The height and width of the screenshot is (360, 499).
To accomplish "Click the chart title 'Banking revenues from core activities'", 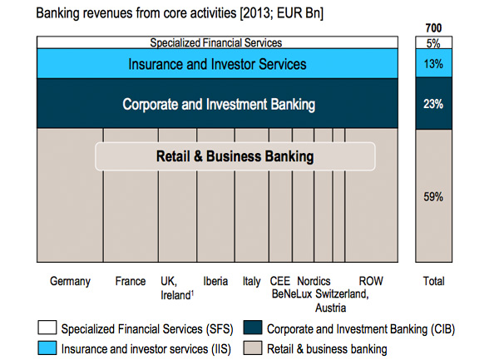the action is click(136, 13).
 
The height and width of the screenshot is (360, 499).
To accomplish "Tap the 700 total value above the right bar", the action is click(433, 28).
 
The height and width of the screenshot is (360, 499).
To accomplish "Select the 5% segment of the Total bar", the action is click(433, 42).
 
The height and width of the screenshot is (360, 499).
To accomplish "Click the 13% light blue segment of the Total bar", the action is click(433, 63).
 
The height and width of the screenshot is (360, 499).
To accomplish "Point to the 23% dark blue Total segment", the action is click(433, 103).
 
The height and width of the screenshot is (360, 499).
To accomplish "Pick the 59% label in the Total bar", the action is click(433, 197).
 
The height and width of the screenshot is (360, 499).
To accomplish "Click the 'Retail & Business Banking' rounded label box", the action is click(235, 156).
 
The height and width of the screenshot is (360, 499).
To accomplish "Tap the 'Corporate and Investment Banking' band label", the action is click(219, 104).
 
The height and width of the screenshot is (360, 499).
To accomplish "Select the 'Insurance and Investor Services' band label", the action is click(217, 64).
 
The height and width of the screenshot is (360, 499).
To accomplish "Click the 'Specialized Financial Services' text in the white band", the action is click(216, 42).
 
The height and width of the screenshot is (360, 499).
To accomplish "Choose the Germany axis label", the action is click(70, 282).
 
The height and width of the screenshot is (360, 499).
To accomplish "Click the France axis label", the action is click(131, 281).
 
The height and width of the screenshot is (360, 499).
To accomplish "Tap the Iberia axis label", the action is click(215, 281).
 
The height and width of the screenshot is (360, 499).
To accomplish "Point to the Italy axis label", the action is click(251, 282).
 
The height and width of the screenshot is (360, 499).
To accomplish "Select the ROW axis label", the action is click(371, 281).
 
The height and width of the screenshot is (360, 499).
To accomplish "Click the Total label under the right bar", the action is click(433, 281).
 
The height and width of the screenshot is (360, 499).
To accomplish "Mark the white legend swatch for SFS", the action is click(47, 328).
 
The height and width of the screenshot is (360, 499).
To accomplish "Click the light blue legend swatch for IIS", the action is click(47, 348).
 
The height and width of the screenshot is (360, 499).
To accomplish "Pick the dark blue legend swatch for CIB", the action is click(253, 328).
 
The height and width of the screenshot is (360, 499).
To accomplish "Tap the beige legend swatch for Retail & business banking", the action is click(253, 348).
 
